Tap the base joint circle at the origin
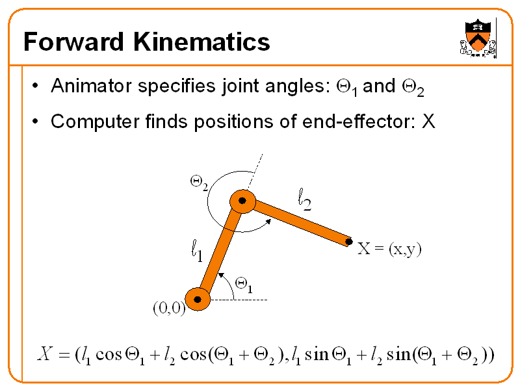click(198, 299)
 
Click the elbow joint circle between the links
click(242, 202)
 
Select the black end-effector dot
click(349, 242)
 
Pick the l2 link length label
click(304, 199)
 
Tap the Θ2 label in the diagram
click(199, 183)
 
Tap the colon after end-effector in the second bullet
click(414, 122)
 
